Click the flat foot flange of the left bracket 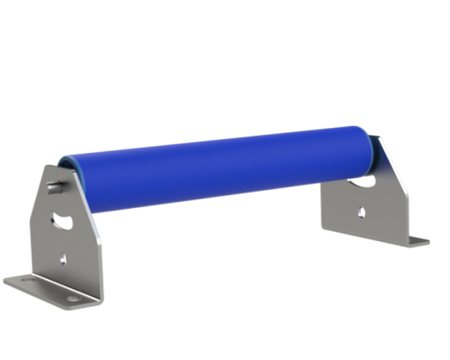(45, 290)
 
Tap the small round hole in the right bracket (362, 212)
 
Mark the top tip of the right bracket (379, 138)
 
